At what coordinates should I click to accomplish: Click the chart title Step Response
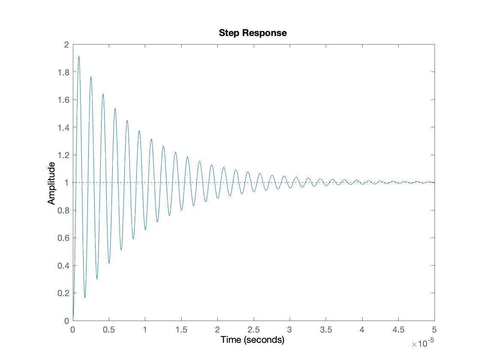(x=252, y=33)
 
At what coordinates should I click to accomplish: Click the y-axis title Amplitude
(x=52, y=183)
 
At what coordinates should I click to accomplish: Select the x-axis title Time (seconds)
(x=252, y=340)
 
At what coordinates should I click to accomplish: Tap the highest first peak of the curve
(x=79, y=56)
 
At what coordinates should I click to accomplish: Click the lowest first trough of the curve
(x=85, y=297)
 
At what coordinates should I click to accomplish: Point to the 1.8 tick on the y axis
(x=63, y=72)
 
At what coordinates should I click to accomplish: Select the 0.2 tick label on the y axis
(x=63, y=293)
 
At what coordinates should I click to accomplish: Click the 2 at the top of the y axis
(x=66, y=45)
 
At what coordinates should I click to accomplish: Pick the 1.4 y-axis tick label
(x=63, y=127)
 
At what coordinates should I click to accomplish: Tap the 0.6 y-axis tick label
(x=63, y=238)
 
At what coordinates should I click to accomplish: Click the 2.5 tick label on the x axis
(x=254, y=330)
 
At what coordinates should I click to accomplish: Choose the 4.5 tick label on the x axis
(x=399, y=330)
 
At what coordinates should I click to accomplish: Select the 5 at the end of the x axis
(x=435, y=330)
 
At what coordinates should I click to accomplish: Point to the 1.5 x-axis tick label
(x=181, y=330)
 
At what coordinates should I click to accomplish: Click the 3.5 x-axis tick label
(x=326, y=330)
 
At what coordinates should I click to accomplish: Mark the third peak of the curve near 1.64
(x=103, y=94)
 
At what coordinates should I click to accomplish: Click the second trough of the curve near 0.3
(x=97, y=279)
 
